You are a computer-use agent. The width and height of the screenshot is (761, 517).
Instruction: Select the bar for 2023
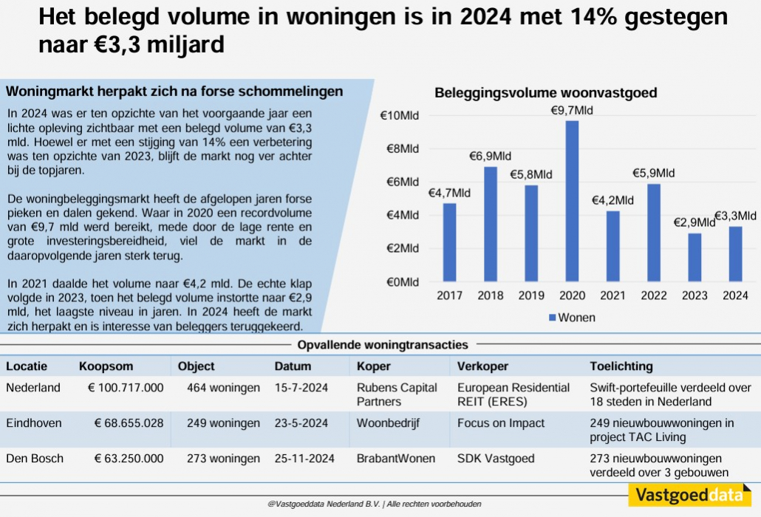point(694,258)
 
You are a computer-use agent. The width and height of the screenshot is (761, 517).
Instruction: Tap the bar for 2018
point(490,225)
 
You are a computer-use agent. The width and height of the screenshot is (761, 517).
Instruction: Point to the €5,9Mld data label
point(653,173)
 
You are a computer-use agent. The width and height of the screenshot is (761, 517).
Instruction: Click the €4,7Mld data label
point(449,193)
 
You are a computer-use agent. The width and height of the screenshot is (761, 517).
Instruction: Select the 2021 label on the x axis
point(612,296)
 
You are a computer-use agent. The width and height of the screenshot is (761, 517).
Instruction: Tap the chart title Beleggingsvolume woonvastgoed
point(545,93)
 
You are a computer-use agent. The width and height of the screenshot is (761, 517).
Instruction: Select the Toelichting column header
point(621,366)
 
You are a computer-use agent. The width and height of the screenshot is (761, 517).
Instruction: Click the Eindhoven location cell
point(34,423)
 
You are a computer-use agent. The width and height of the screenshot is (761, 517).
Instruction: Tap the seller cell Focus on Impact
point(500,423)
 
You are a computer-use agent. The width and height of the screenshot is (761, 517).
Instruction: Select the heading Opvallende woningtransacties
point(382,345)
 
